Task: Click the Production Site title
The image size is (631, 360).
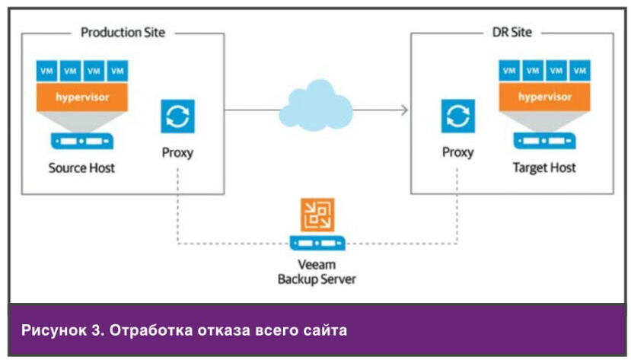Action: pos(123,33)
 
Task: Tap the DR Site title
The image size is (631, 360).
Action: pos(511,33)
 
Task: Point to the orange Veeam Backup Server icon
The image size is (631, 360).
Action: pos(317,215)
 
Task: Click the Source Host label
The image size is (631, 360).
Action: pos(81,167)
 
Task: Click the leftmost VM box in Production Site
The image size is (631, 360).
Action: pos(48,71)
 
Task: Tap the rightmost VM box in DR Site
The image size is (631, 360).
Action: pos(580,71)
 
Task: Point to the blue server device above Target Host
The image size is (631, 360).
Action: pos(544,142)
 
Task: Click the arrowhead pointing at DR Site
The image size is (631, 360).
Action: pos(403,110)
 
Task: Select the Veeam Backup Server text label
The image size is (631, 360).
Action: pos(317,271)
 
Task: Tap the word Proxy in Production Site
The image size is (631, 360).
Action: pos(177,152)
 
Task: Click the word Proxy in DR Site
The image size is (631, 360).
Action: pos(457,152)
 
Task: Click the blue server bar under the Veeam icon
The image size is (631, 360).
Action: pos(317,243)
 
